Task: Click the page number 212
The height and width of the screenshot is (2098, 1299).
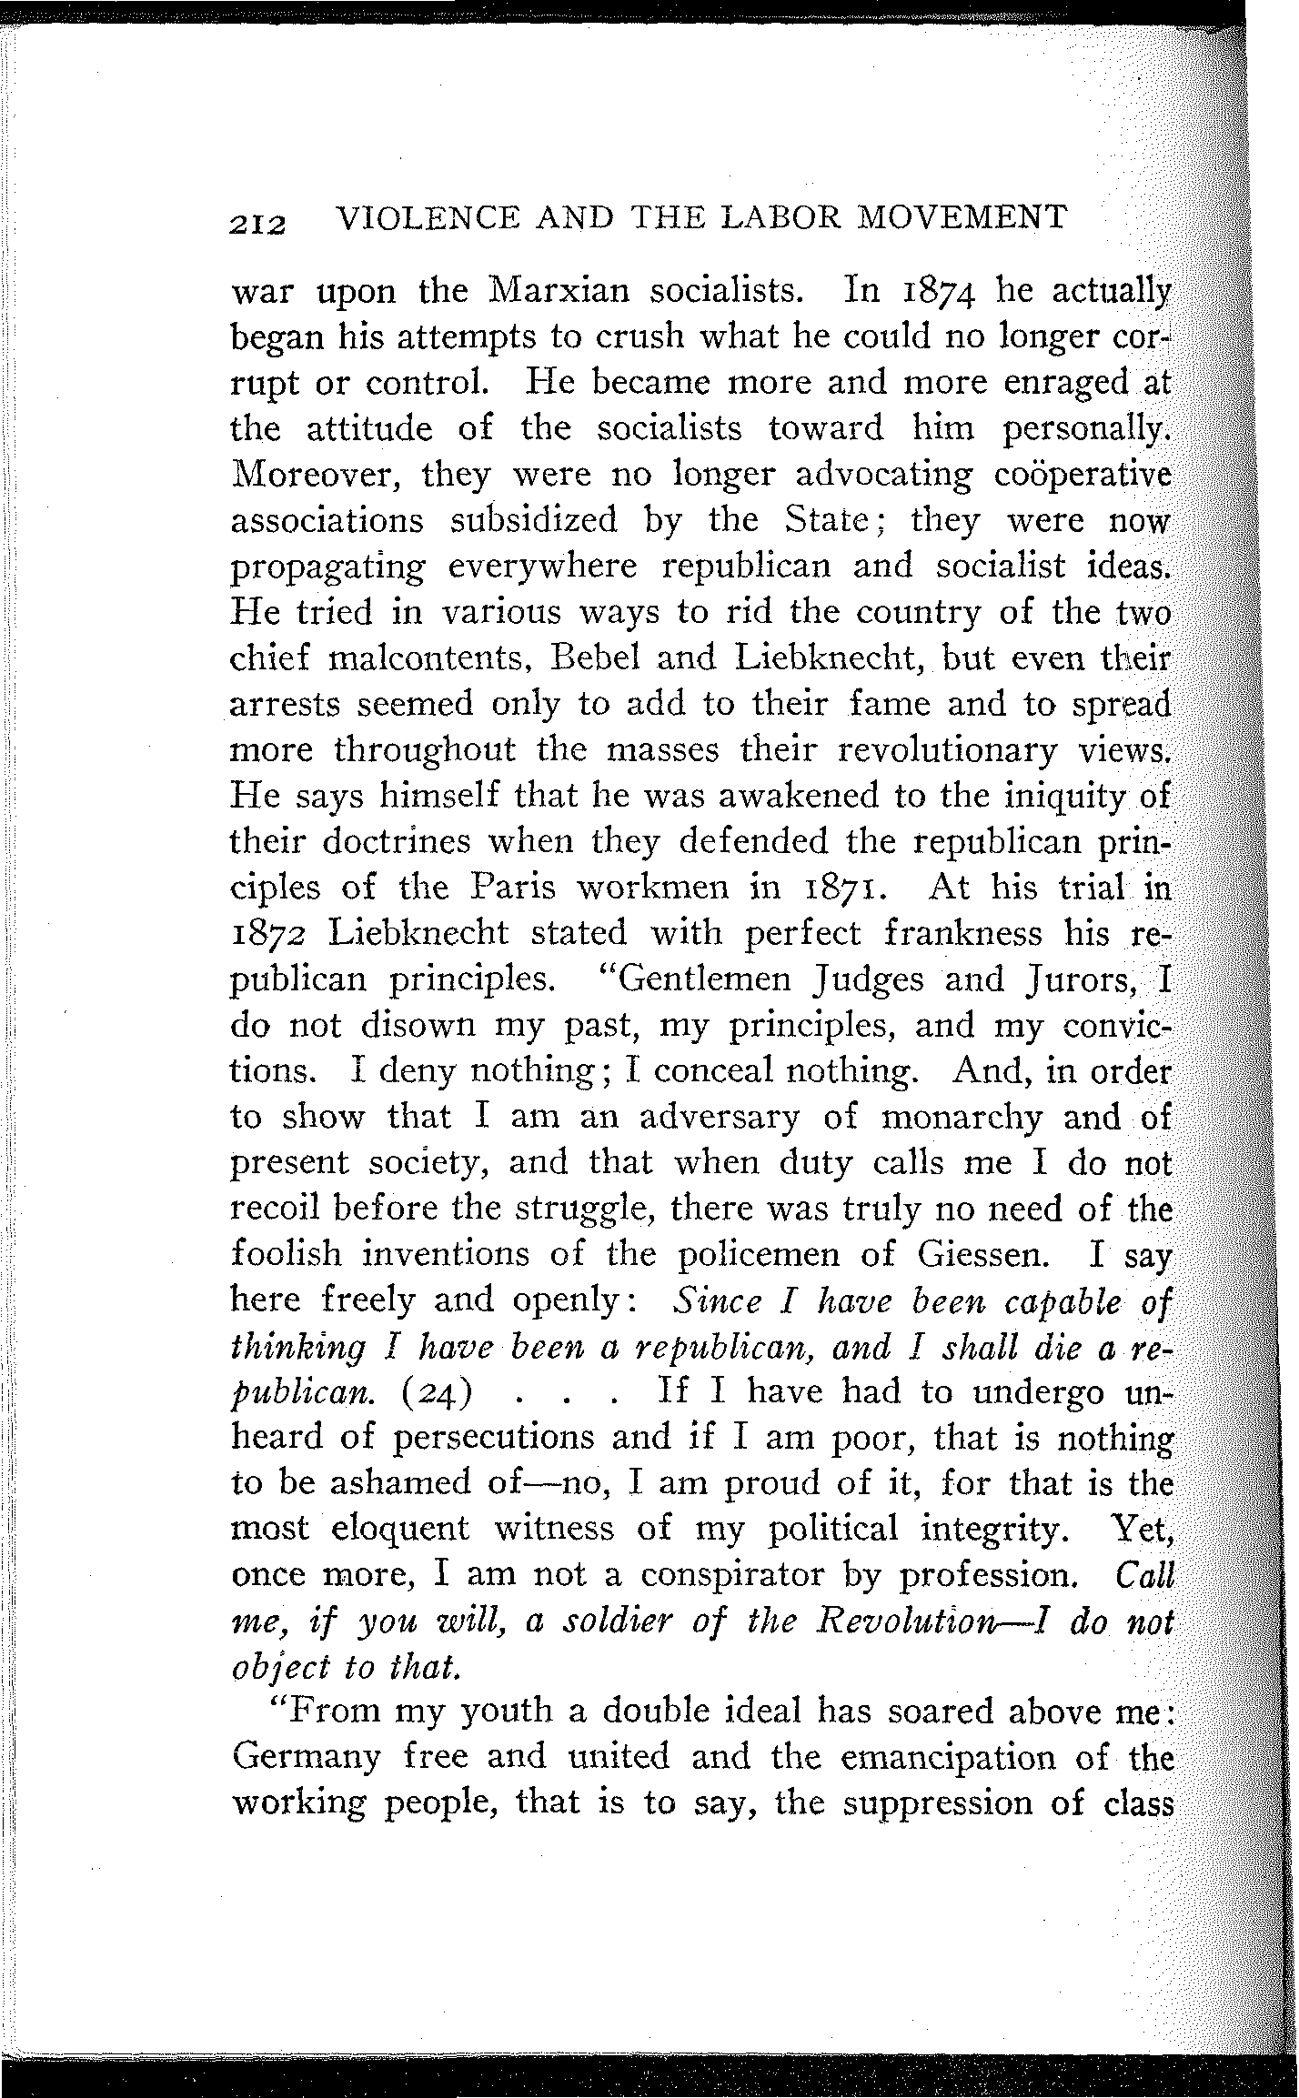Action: pos(257,220)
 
